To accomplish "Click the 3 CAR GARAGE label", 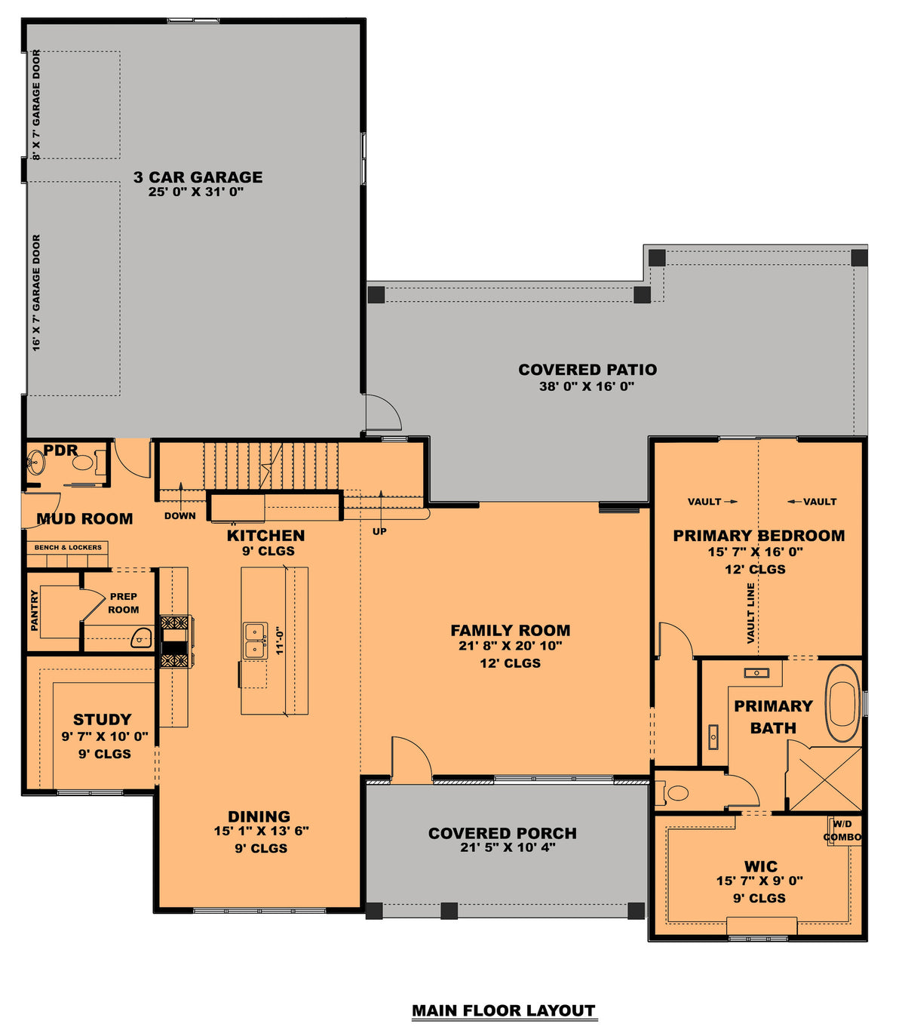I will click(x=198, y=177).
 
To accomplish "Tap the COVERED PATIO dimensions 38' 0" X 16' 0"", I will click(x=587, y=386).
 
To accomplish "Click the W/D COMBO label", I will click(x=842, y=831).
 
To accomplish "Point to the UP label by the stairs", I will click(x=379, y=531).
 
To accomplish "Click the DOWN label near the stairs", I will click(x=179, y=516).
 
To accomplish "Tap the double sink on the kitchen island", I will click(x=255, y=641).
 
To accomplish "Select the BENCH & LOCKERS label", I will click(x=68, y=548).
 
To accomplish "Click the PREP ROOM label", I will click(x=123, y=603).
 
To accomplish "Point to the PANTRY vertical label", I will click(x=35, y=610).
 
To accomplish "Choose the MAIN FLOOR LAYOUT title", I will click(x=504, y=1010).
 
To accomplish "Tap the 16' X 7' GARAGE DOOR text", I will click(x=36, y=293).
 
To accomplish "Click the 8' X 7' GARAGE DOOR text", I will click(x=36, y=105).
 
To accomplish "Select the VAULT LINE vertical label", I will click(x=750, y=613).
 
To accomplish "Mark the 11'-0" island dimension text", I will click(x=279, y=640).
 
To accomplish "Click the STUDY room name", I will click(x=103, y=719).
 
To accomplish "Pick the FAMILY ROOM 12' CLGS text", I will click(x=511, y=663).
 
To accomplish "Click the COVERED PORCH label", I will click(x=502, y=833).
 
